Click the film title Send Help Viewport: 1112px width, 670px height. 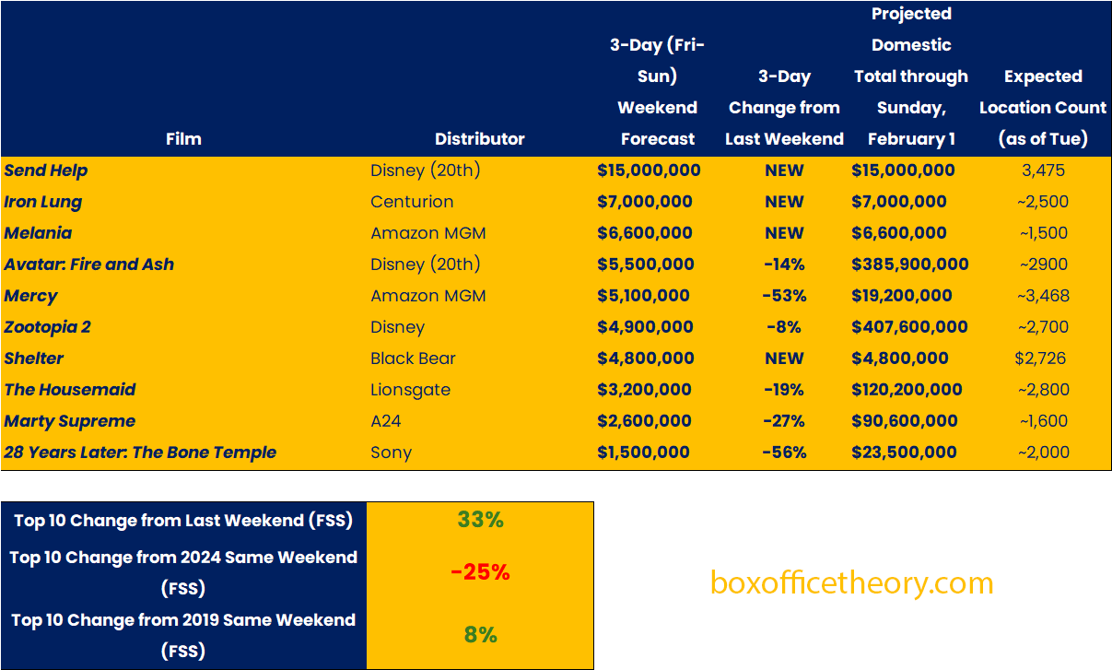coord(46,170)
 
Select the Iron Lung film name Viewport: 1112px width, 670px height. coord(43,202)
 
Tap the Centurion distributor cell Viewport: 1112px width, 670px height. coord(412,202)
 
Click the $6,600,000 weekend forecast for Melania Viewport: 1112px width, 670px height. coord(644,233)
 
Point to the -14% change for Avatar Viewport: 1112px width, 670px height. coord(784,264)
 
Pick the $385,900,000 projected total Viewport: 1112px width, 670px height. coord(910,264)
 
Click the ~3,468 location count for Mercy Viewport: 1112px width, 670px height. coord(1043,296)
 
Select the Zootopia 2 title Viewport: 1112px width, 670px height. coord(48,327)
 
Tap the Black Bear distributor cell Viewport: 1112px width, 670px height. coord(413,359)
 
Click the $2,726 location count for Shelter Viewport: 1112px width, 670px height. coord(1043,359)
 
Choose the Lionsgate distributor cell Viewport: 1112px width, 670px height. coord(411,390)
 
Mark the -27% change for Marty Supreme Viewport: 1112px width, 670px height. coord(784,421)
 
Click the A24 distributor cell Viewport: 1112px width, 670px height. coord(386,421)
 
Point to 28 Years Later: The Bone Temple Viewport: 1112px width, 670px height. coord(140,453)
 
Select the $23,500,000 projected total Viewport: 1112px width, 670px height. coord(905,453)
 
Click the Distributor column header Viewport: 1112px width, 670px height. coord(479,139)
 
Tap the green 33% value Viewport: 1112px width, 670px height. coord(480,520)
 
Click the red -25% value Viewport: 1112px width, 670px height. coord(480,572)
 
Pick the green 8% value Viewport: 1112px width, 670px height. coord(480,635)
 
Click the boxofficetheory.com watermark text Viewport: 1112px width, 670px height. coord(851,583)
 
